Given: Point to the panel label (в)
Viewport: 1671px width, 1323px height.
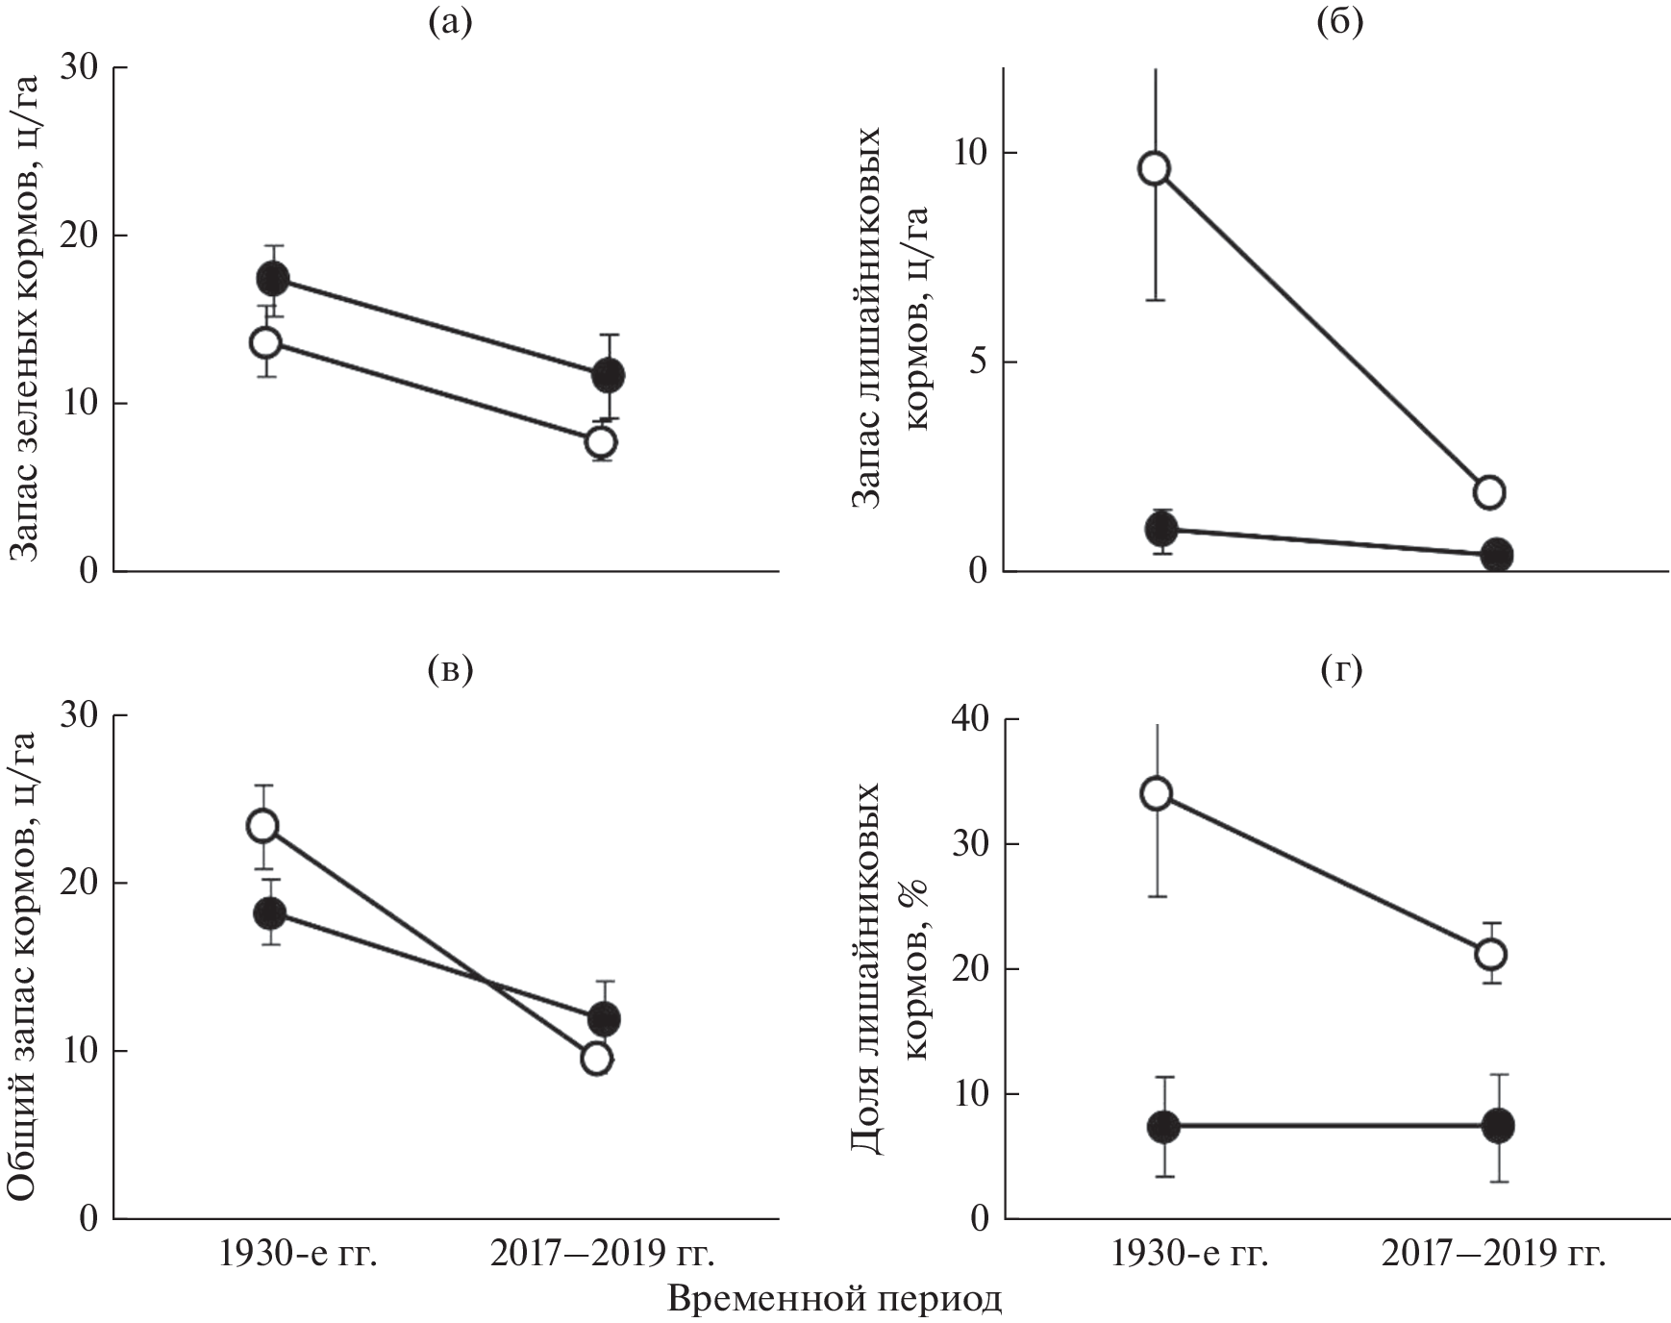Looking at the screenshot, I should (x=450, y=670).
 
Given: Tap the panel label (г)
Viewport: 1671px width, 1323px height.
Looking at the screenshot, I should (x=1339, y=670).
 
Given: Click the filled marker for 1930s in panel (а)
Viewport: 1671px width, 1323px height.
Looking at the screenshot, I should (x=273, y=280).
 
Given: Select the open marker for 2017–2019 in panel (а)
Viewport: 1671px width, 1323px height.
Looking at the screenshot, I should (x=602, y=442).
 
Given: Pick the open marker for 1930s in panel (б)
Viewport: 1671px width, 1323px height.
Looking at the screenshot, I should (x=1155, y=168).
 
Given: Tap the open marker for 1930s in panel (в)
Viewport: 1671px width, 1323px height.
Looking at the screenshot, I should (x=263, y=826).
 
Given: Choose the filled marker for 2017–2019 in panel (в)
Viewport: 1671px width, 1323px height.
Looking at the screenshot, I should (x=604, y=1018).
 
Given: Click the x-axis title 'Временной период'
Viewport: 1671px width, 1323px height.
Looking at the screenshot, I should (x=834, y=1299).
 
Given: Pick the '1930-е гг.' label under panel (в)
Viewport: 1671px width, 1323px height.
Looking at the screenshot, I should (x=298, y=1255).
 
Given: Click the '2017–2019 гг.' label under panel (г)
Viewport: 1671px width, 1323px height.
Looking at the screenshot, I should (x=1494, y=1255).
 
